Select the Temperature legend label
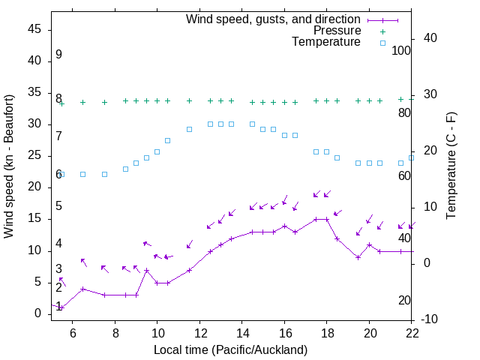[x=326, y=42]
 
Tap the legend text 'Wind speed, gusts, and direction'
[x=274, y=19]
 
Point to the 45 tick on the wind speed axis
[x=34, y=29]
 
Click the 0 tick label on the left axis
[x=37, y=313]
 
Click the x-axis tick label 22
[x=412, y=331]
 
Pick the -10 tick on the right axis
[x=430, y=319]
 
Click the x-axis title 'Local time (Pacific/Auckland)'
[x=231, y=349]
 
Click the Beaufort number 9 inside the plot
[x=58, y=55]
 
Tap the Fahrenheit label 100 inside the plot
[x=401, y=50]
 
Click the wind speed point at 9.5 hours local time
[x=146, y=270]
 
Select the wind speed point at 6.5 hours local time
[x=83, y=289]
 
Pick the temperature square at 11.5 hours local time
[x=189, y=129]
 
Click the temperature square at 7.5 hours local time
[x=104, y=174]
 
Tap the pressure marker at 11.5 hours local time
[x=189, y=100]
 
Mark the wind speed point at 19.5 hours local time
[x=358, y=257]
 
